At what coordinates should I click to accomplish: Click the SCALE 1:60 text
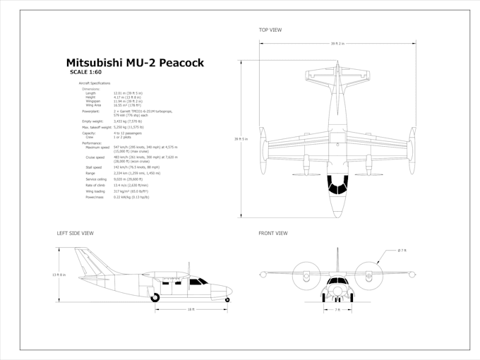(x=86, y=72)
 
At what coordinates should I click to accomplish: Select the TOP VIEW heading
(x=270, y=30)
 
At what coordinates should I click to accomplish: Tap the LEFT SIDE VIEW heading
(x=75, y=233)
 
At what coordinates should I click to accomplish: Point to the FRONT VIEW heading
(x=273, y=233)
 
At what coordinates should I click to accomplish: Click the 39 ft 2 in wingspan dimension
(x=338, y=44)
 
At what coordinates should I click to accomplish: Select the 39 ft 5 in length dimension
(x=241, y=139)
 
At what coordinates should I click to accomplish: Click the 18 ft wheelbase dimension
(x=191, y=309)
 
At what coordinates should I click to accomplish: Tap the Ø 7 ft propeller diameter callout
(x=402, y=251)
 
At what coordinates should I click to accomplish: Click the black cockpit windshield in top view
(x=338, y=184)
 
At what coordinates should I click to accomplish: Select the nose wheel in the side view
(x=227, y=300)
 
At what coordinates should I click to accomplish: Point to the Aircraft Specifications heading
(x=95, y=83)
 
